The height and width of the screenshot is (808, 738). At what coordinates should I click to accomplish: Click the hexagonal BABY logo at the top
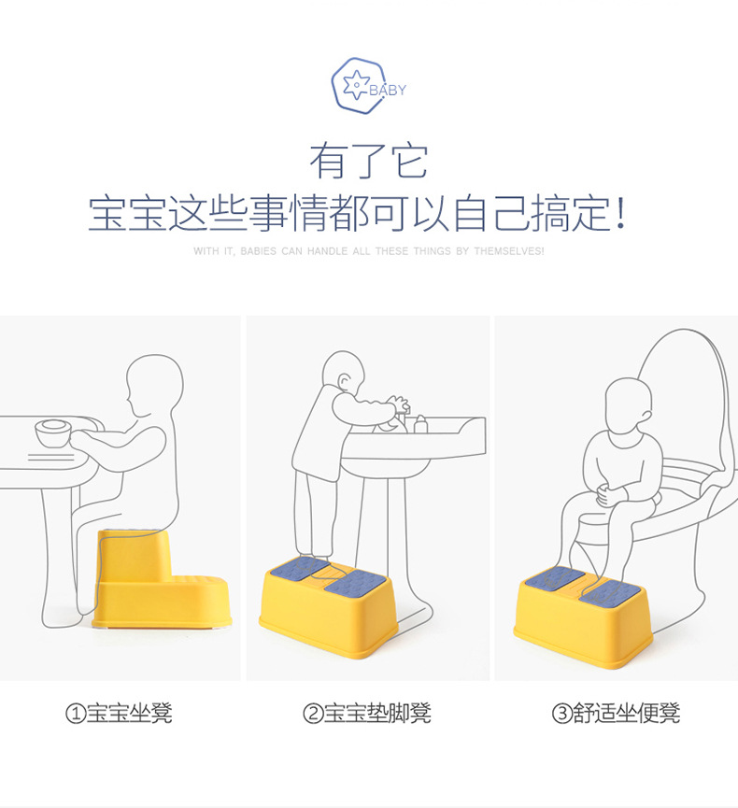(x=360, y=86)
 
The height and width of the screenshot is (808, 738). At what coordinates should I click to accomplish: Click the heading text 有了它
(x=368, y=161)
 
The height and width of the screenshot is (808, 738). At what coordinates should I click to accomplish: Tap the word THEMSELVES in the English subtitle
(x=508, y=252)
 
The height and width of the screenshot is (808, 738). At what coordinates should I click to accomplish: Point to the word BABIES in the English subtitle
(x=258, y=252)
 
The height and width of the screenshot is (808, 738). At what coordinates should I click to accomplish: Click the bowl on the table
(x=51, y=434)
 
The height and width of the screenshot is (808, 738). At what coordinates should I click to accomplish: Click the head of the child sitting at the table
(x=154, y=383)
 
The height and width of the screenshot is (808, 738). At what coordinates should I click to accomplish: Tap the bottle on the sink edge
(x=421, y=425)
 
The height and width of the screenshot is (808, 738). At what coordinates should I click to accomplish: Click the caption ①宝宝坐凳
(x=119, y=715)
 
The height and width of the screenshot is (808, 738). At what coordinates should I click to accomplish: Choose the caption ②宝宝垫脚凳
(x=366, y=715)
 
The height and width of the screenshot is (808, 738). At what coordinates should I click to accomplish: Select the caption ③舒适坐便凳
(x=616, y=715)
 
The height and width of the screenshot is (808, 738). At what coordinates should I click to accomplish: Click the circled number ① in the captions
(x=76, y=715)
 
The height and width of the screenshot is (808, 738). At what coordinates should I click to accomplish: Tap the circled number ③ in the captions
(x=561, y=715)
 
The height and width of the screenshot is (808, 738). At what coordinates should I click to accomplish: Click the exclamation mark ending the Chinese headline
(x=621, y=215)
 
